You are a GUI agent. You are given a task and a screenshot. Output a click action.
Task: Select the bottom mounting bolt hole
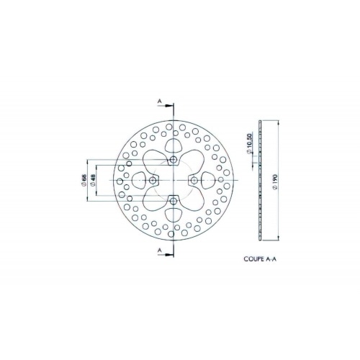point(174,199)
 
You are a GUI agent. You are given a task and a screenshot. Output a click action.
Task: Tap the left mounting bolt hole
point(153,179)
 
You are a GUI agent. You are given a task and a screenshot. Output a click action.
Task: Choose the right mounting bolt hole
point(194,179)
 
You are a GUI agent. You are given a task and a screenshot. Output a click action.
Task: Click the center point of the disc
point(174,179)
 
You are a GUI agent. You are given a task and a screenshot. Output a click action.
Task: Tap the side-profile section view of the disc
point(261,180)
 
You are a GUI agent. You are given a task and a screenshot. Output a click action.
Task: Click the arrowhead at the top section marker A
point(169,107)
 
